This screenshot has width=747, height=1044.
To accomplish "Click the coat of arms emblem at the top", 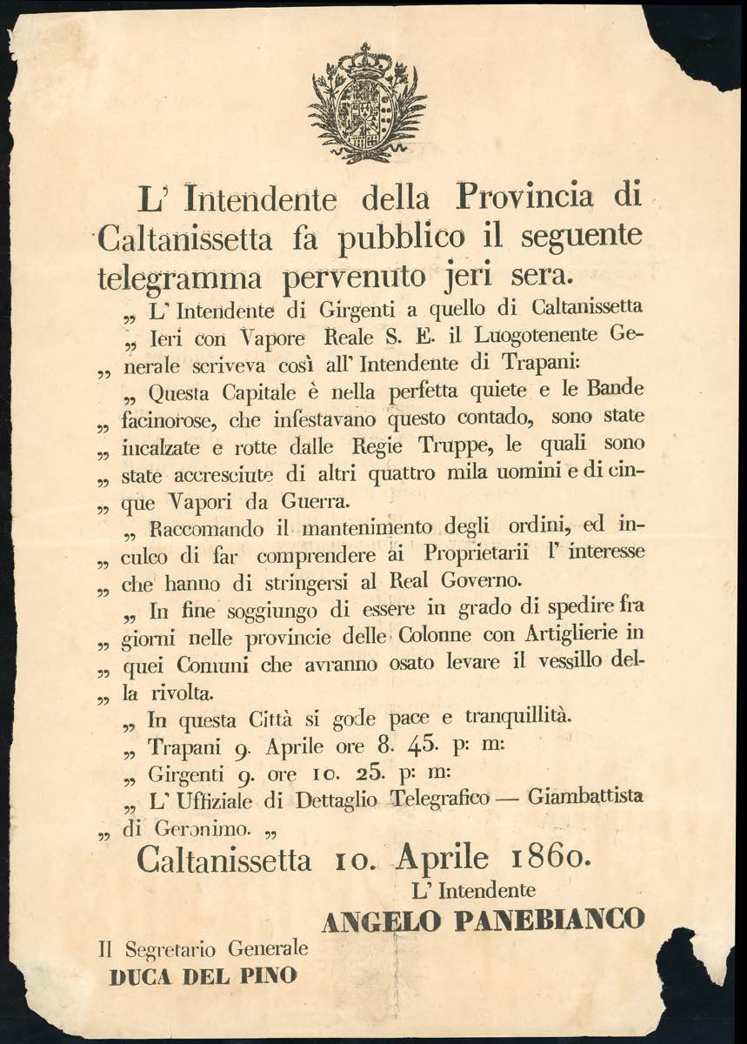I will point(367,104).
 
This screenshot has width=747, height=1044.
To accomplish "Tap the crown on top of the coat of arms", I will point(367,59).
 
